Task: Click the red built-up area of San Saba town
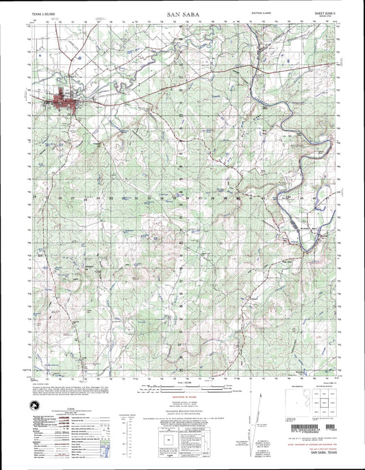[x=60, y=103]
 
